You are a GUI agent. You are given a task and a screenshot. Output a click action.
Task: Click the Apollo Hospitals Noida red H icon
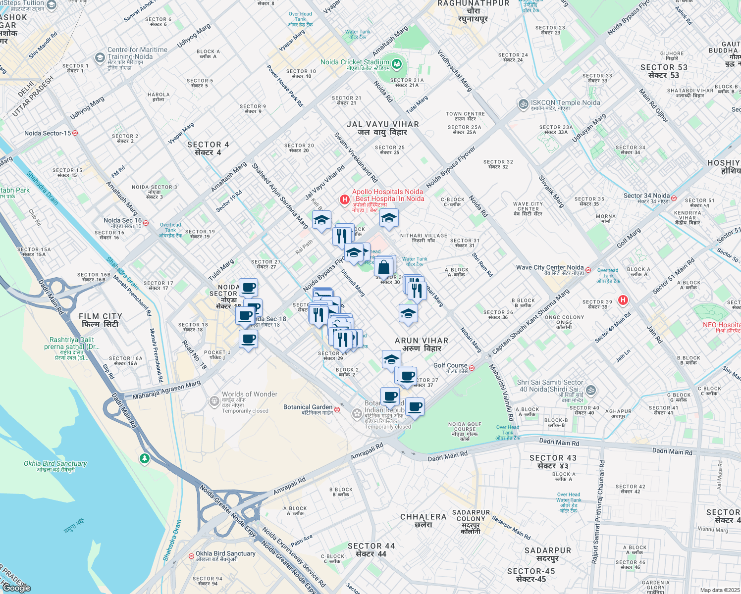(344, 199)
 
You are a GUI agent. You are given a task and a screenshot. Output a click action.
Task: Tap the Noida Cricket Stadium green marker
(396, 64)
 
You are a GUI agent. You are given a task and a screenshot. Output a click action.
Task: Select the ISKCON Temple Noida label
(565, 103)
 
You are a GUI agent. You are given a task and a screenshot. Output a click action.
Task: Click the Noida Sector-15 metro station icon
(75, 133)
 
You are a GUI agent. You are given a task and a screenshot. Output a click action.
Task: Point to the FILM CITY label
(100, 320)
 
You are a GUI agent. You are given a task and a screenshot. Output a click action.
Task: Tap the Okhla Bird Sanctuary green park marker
(144, 458)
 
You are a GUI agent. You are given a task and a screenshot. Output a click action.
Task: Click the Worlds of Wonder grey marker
(214, 401)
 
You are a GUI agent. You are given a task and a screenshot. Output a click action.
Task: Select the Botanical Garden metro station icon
(337, 409)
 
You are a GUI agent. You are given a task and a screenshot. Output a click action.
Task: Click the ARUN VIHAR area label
(422, 344)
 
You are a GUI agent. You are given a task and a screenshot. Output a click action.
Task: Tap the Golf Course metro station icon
(472, 368)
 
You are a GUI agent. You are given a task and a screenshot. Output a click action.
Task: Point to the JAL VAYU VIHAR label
(382, 128)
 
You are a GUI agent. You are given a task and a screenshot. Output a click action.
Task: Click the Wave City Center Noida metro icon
(588, 270)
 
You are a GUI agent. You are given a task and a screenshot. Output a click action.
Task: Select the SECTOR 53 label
(664, 71)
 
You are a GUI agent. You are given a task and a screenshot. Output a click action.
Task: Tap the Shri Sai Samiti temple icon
(590, 390)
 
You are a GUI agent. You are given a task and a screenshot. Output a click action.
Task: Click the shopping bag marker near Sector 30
(384, 267)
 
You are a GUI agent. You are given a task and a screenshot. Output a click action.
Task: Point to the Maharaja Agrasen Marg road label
(166, 390)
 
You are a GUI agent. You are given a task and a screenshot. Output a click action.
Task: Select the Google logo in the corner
(16, 588)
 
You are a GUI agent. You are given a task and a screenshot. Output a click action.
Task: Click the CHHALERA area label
(423, 520)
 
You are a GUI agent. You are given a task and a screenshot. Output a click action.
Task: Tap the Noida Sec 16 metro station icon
(146, 223)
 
